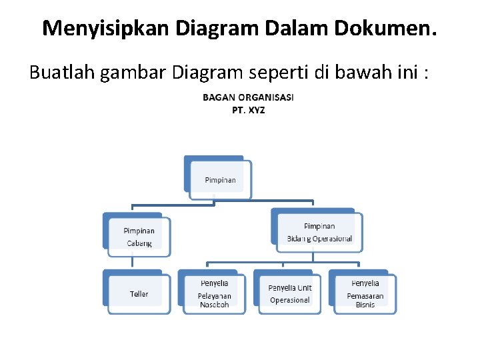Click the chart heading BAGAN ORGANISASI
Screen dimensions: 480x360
248,97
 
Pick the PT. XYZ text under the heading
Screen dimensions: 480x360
248,110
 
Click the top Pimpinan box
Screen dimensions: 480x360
219,180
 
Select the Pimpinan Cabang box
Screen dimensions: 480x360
139,237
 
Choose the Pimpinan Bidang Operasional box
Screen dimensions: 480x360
319,233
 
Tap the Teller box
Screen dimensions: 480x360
139,294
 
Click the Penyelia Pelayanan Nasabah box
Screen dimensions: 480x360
214,294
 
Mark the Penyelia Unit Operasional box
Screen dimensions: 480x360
289,294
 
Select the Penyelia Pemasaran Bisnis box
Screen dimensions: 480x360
365,294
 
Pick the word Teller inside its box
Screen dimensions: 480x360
139,294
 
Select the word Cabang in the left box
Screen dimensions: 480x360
139,243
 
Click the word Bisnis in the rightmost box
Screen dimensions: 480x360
365,305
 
